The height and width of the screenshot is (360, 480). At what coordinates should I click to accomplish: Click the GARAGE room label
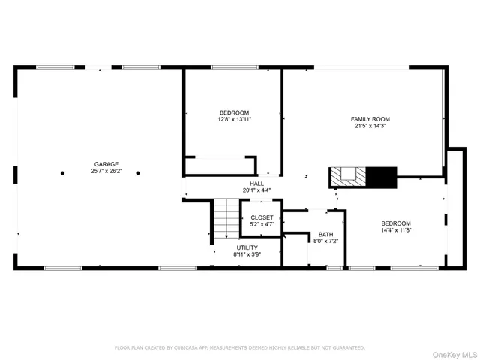(x=106, y=164)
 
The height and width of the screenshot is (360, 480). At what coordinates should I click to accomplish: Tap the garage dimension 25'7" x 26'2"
(x=106, y=171)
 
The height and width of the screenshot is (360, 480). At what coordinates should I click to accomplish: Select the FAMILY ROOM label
(x=370, y=119)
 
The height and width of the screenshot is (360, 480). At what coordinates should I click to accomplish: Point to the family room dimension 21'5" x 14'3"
(x=370, y=126)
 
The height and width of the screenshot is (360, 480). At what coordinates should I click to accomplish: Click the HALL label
(x=257, y=184)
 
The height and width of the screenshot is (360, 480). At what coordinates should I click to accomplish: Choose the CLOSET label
(x=262, y=217)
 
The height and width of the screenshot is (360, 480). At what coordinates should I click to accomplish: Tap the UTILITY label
(x=247, y=247)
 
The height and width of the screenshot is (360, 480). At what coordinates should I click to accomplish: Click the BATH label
(x=325, y=235)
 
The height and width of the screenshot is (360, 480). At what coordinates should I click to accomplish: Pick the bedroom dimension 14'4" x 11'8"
(x=395, y=230)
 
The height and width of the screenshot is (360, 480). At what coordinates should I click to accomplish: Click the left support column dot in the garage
(x=62, y=172)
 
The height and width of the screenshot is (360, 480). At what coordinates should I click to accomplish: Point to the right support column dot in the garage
(x=138, y=172)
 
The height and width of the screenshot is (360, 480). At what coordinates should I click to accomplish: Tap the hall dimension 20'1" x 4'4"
(x=257, y=190)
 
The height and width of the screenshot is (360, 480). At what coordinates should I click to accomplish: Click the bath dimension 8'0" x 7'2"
(x=325, y=241)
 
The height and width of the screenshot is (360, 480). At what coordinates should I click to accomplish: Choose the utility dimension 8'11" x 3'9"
(x=247, y=254)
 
